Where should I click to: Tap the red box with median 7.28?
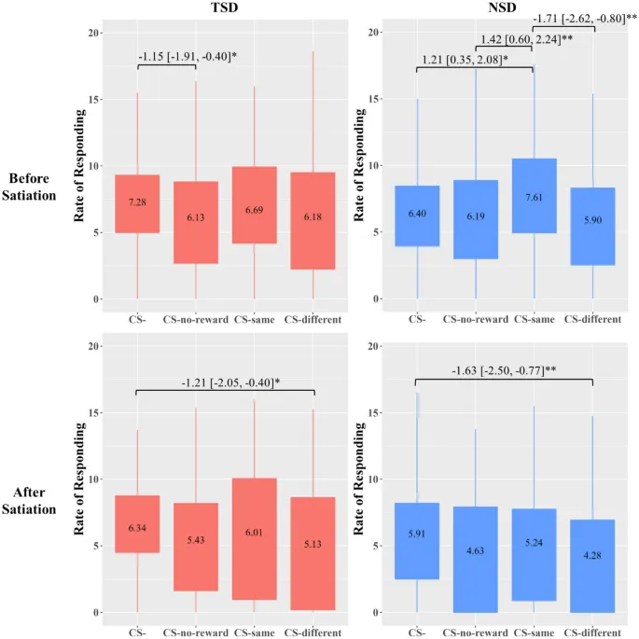coord(137,203)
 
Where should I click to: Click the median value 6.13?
coord(195,216)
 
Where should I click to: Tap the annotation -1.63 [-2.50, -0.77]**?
coord(505,370)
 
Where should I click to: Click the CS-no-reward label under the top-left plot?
coord(195,320)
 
